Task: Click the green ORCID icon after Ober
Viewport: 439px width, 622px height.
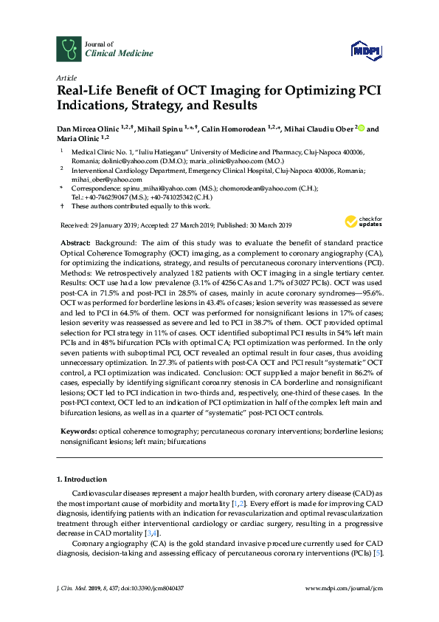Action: click(x=360, y=129)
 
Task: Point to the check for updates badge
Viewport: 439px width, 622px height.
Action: click(x=361, y=220)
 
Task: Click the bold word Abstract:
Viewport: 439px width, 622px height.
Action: click(x=74, y=243)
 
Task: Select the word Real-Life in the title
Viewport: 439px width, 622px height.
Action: click(x=86, y=92)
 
